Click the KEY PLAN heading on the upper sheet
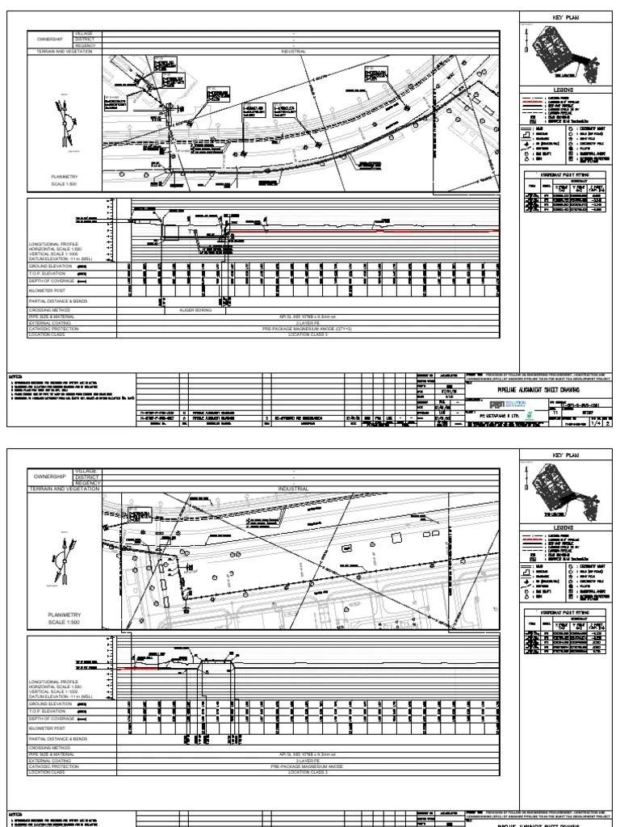click(566, 17)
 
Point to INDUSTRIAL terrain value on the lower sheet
click(293, 489)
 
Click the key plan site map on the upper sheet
click(565, 53)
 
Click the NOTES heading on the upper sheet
click(15, 376)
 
